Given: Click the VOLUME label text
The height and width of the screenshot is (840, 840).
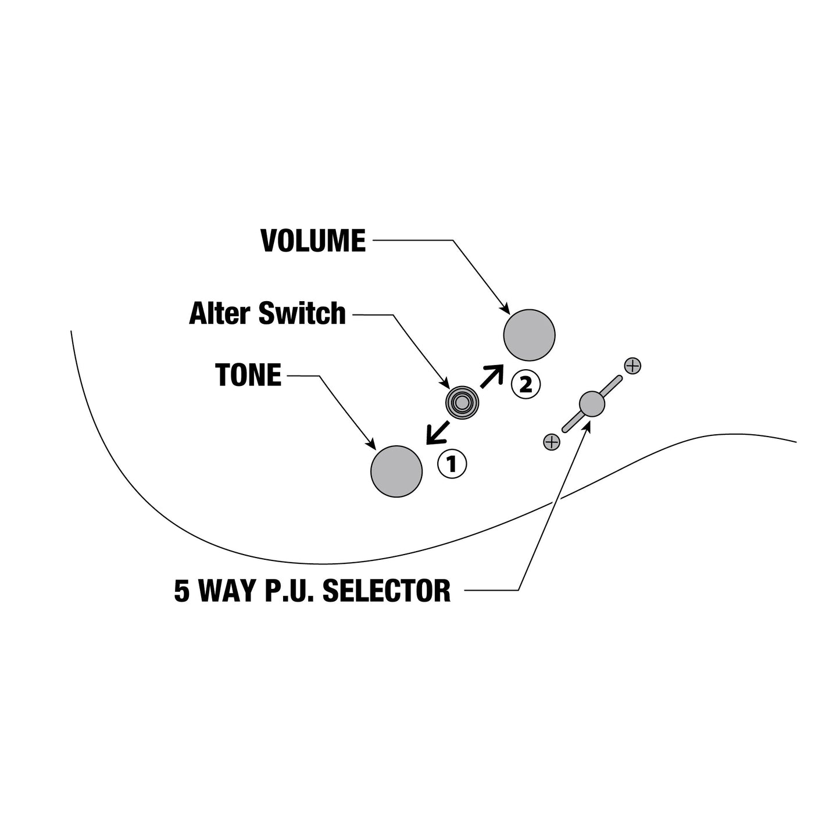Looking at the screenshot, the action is [313, 240].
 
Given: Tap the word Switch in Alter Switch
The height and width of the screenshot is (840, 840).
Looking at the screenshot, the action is [302, 313].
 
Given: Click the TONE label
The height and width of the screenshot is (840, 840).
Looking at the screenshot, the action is [248, 375].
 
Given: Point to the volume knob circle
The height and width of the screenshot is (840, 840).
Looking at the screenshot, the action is [529, 335].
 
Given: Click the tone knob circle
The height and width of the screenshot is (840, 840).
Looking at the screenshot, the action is [396, 471].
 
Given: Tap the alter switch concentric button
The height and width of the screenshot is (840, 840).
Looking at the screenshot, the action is [462, 403].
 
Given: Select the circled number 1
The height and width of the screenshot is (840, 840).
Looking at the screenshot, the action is [452, 464].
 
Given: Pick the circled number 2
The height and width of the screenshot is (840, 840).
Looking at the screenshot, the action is [526, 384].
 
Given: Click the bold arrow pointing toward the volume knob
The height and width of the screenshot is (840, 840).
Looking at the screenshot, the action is [492, 376].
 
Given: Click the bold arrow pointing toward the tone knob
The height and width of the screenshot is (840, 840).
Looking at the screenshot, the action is [438, 432].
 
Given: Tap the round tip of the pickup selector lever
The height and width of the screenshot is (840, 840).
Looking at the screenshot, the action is [592, 403].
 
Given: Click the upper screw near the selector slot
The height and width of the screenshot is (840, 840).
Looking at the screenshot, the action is [632, 366].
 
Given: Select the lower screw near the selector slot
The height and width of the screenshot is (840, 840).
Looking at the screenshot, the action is [552, 442].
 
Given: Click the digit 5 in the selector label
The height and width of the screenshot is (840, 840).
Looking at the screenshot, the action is [182, 591].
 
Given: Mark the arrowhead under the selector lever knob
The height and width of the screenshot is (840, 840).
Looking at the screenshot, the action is [587, 428].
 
